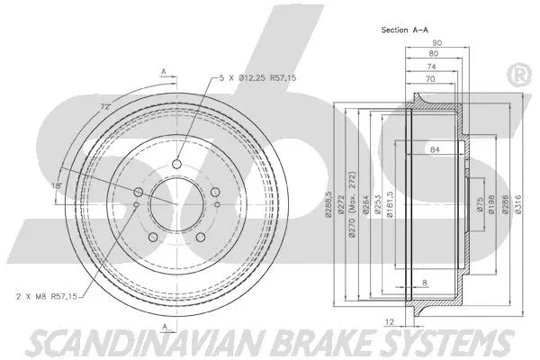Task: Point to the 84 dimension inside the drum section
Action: (435, 148)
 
